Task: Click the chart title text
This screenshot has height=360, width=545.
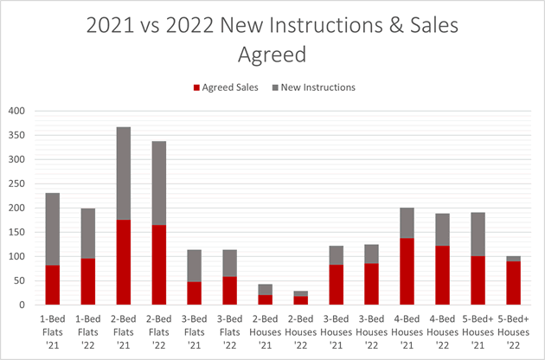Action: tap(272, 42)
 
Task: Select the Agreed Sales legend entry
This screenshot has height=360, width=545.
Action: tap(228, 87)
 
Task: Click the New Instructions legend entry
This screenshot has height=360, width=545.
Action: tap(317, 87)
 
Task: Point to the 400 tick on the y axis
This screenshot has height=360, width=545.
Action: tap(17, 111)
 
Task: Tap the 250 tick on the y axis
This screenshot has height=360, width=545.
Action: tap(17, 183)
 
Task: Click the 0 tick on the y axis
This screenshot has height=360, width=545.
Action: tap(23, 305)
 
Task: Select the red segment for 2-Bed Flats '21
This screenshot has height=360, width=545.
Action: tap(124, 262)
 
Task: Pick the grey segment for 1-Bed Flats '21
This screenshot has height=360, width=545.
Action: tap(53, 228)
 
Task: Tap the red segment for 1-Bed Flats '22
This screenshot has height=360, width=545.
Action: tap(88, 281)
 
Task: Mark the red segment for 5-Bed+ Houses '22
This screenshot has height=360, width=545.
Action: tap(513, 283)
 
